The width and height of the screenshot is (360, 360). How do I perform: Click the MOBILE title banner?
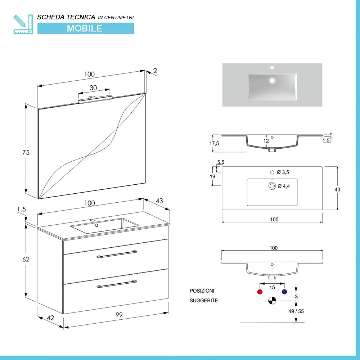coord(85,28)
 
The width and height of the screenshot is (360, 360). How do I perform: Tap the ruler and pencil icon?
coord(23,24)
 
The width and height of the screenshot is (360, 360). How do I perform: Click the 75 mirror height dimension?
coord(26,152)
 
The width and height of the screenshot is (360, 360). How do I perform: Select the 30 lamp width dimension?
coord(93,88)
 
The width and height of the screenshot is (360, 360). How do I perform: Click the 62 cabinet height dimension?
coord(26,259)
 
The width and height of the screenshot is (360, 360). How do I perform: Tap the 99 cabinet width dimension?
coord(119,315)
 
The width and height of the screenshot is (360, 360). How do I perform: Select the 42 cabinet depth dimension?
coord(51,318)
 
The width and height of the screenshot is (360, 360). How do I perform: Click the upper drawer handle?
coord(117,254)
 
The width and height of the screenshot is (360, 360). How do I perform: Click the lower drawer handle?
coord(117,284)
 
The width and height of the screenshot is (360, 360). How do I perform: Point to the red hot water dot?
coord(259,292)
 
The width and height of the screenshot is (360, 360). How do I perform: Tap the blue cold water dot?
coord(284,292)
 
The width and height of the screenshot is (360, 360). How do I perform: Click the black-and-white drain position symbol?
coord(272,300)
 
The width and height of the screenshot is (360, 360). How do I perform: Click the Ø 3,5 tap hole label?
coord(283,172)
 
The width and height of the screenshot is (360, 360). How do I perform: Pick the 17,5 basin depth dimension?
coord(214,143)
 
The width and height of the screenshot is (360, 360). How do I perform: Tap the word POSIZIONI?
coord(202,291)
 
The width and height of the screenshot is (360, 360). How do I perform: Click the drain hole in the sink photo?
coord(272,80)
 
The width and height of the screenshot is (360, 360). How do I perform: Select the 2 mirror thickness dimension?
coord(155,71)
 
